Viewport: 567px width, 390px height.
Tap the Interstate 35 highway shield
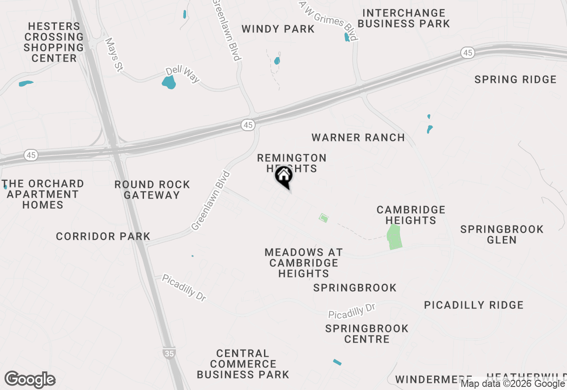click(x=169, y=353)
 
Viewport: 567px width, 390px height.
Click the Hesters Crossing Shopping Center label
click(x=54, y=42)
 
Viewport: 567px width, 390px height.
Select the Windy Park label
click(x=278, y=29)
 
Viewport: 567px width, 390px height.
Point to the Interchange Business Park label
click(x=404, y=18)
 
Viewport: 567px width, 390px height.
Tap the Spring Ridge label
click(x=515, y=80)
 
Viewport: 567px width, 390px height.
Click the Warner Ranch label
click(x=358, y=137)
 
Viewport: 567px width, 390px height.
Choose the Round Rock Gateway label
click(x=152, y=190)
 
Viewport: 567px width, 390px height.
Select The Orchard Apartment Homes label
click(x=43, y=194)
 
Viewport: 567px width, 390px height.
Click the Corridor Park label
click(x=103, y=237)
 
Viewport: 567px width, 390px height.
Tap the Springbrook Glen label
click(x=502, y=234)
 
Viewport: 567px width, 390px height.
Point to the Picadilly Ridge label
click(x=474, y=305)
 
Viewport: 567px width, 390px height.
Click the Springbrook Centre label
click(x=367, y=334)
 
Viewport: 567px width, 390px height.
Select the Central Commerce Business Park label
click(x=243, y=364)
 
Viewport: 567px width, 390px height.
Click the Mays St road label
click(x=114, y=54)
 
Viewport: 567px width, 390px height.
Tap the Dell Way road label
click(x=183, y=75)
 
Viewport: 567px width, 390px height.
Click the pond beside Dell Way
click(x=169, y=82)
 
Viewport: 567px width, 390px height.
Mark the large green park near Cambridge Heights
click(x=394, y=237)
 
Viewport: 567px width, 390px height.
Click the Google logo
click(x=30, y=380)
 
